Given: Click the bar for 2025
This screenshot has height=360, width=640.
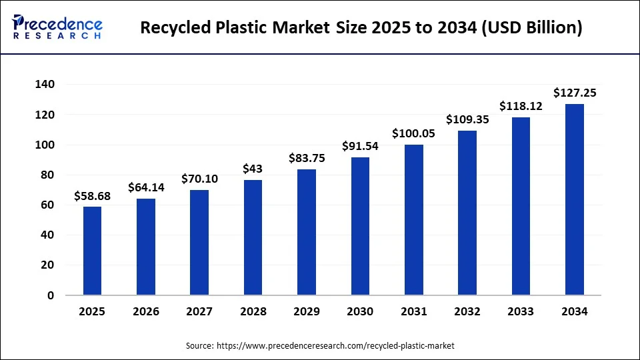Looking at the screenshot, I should [x=92, y=251].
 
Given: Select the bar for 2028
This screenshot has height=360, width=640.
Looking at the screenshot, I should [x=253, y=237].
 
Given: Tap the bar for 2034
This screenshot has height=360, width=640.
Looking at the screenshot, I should [x=574, y=199].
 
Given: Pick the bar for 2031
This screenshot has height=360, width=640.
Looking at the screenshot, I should [x=413, y=220].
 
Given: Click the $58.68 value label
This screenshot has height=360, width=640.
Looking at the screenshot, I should [x=92, y=196].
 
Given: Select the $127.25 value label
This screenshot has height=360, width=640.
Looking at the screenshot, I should [x=574, y=93].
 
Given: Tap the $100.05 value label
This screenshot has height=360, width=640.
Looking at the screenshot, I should [x=413, y=134].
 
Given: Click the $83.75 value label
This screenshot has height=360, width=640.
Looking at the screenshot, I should [x=306, y=159].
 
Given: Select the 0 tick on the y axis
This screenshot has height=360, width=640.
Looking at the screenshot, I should [x=51, y=295].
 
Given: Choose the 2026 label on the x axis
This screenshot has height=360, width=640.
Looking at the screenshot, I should [x=145, y=311].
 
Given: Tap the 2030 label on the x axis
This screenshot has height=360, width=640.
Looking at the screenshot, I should [x=360, y=311].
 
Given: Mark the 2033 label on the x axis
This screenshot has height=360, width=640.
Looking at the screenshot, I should [x=521, y=311].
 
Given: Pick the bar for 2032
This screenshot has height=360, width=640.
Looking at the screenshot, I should [x=467, y=213].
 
